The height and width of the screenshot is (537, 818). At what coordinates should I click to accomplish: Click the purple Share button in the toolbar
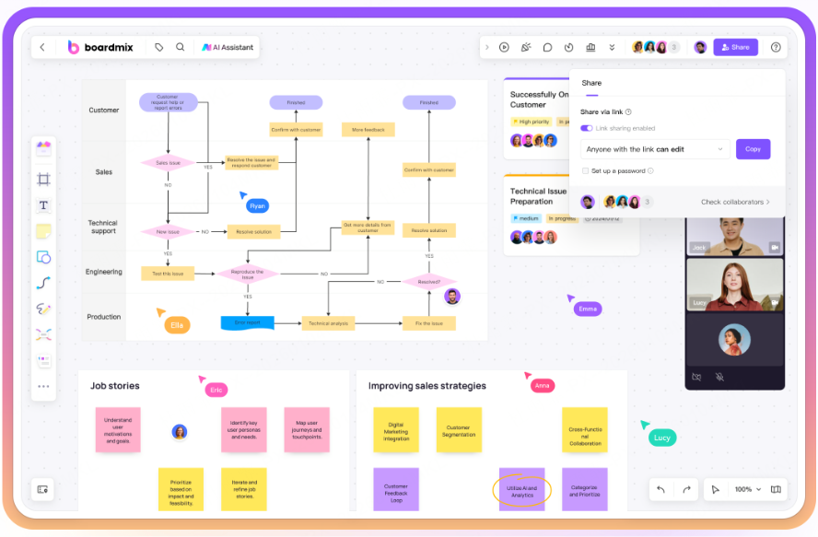[735, 47]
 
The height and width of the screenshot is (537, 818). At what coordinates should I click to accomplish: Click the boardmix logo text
[111, 47]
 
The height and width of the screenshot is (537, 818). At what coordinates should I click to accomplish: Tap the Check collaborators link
[735, 202]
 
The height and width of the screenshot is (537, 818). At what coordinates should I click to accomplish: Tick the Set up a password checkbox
[586, 170]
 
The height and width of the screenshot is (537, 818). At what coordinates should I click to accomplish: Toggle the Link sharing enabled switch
[587, 128]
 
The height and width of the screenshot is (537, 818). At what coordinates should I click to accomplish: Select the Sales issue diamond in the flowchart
[168, 163]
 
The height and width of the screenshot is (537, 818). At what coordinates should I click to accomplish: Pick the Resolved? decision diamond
[428, 282]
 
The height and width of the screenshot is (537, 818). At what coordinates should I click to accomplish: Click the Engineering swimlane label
[104, 272]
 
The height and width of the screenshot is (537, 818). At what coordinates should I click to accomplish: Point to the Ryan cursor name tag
[257, 206]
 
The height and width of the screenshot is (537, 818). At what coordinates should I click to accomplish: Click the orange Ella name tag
[177, 325]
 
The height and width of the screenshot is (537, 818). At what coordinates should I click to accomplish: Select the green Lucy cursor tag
[661, 438]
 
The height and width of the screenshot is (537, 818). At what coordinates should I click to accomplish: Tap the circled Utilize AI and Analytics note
[522, 491]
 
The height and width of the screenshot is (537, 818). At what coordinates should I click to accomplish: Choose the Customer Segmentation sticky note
[458, 430]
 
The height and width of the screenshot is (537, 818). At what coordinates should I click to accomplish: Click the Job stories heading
[115, 386]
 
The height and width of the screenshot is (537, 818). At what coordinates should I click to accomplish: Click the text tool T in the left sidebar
[43, 204]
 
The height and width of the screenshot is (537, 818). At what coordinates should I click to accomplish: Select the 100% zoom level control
[746, 489]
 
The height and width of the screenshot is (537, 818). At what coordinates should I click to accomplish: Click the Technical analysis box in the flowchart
[328, 323]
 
